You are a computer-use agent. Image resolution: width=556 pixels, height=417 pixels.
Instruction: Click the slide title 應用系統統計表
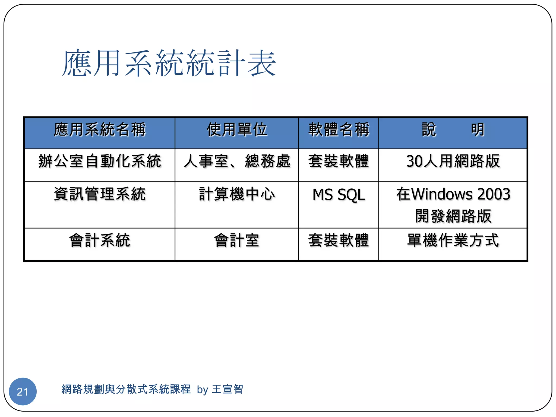[x=169, y=63]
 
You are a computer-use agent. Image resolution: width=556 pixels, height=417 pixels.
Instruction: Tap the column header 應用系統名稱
[x=100, y=129]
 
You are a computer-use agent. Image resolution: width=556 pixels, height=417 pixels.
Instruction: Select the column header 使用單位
[x=237, y=129]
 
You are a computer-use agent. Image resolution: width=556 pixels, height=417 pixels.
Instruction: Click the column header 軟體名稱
[x=339, y=129]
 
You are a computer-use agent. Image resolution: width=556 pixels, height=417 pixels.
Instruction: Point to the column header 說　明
[x=453, y=129]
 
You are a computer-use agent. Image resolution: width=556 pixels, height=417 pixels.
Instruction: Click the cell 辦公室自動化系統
[x=100, y=161]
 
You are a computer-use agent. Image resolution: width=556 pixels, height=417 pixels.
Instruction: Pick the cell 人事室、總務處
[x=237, y=161]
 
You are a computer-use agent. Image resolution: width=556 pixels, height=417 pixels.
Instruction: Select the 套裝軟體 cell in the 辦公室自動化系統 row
[x=339, y=161]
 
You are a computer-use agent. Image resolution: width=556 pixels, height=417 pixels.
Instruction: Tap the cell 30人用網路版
[x=453, y=161]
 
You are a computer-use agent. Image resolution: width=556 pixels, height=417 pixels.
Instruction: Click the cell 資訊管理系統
[x=100, y=194]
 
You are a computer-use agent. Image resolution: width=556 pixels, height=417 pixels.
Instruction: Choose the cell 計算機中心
[x=237, y=194]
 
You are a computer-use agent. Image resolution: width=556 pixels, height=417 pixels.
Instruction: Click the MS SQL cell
[x=339, y=195]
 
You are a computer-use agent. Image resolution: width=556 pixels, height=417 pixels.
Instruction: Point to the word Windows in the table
[x=442, y=194]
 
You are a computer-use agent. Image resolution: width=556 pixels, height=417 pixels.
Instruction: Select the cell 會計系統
[x=100, y=241]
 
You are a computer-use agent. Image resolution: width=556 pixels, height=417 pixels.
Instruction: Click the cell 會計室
[x=237, y=241]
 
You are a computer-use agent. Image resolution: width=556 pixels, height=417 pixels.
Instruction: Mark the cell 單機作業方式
[x=453, y=241]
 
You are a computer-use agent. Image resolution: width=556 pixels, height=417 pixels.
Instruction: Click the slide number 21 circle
[x=23, y=391]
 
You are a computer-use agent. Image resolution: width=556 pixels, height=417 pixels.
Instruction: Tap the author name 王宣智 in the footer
[x=228, y=389]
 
